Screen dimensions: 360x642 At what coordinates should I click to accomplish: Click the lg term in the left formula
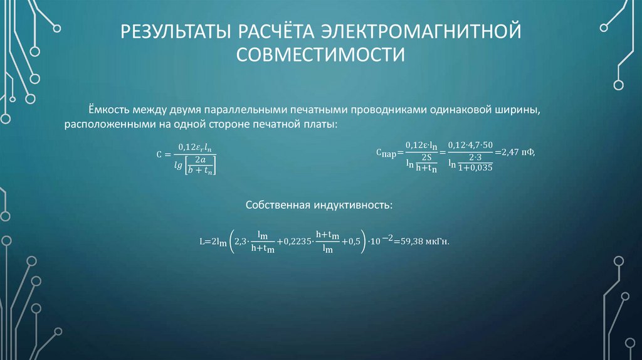(179, 164)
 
